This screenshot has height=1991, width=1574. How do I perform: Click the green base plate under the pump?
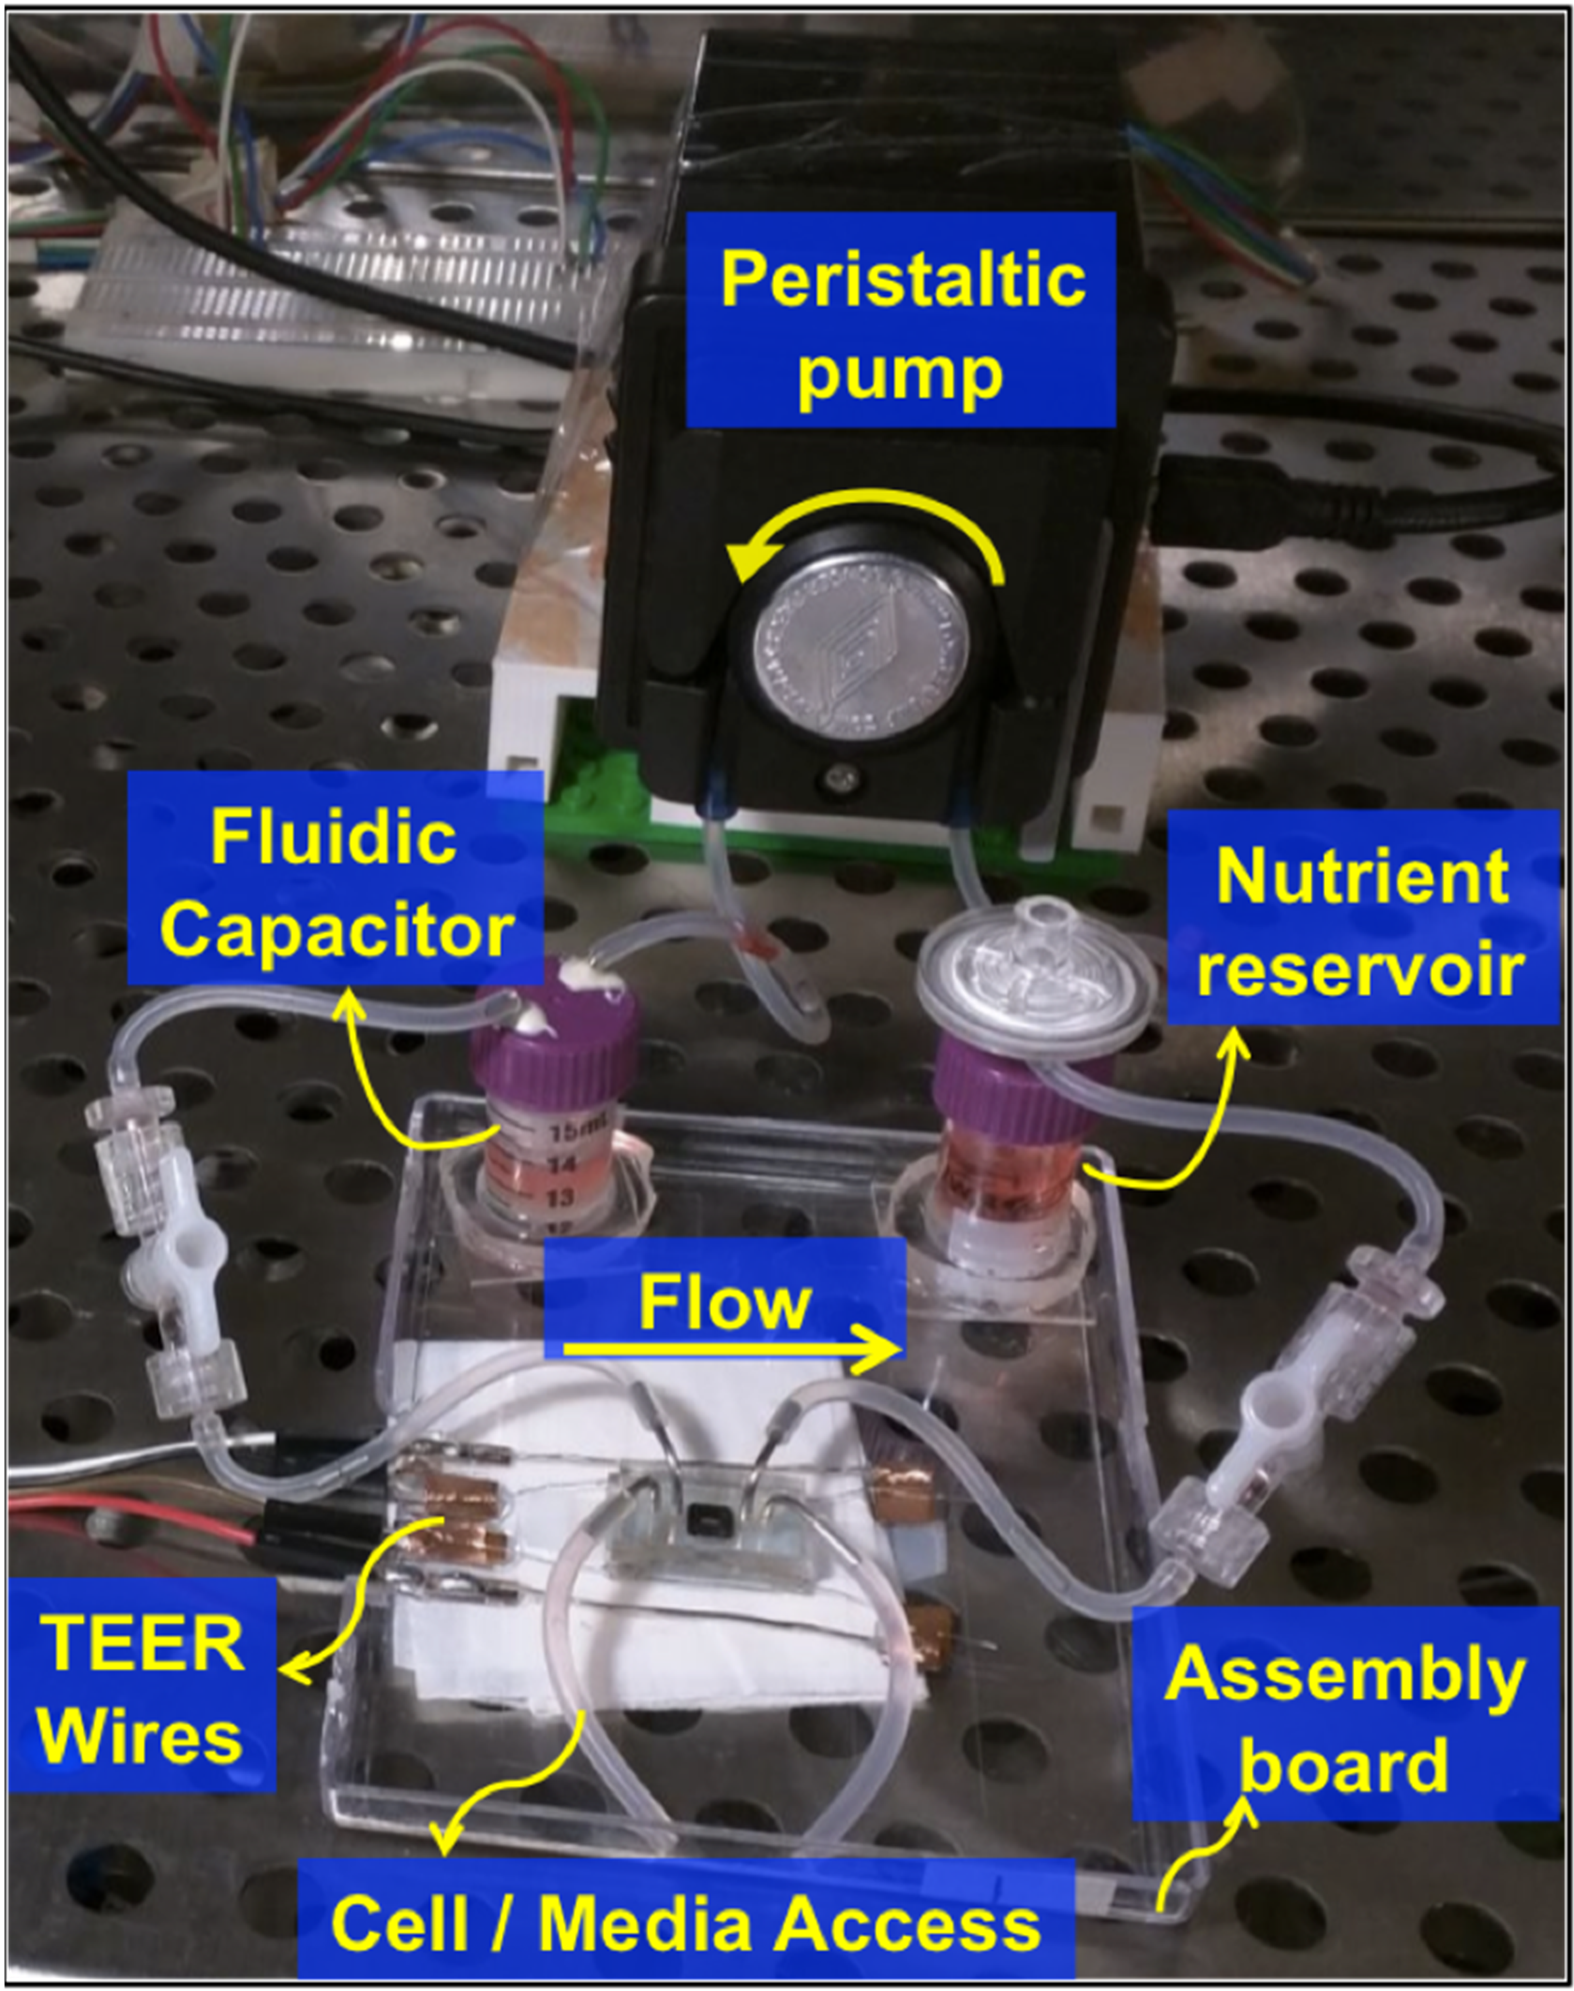(x=608, y=811)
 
